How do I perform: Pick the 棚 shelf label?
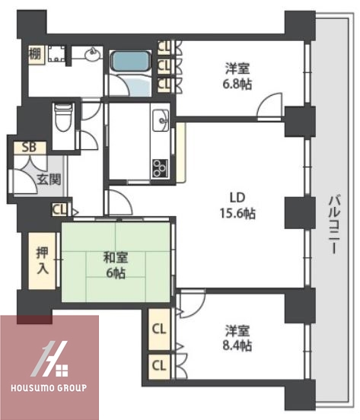tap(35, 54)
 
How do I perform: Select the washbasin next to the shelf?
tap(91, 54)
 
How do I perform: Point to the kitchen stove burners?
tap(162, 167)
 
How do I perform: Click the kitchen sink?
tap(162, 119)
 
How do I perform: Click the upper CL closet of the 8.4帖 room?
tap(158, 329)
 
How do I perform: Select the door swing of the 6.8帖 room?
tap(269, 106)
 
